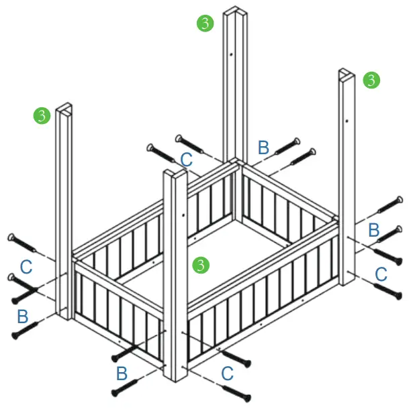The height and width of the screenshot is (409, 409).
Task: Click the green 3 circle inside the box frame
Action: click(199, 264)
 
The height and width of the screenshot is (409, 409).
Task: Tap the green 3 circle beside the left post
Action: click(42, 115)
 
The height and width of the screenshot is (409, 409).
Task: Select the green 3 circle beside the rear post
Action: click(205, 23)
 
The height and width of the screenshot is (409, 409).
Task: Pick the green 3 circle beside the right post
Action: click(371, 80)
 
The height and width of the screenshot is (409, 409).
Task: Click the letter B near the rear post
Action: click(264, 147)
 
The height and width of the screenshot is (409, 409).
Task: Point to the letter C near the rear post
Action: click(187, 160)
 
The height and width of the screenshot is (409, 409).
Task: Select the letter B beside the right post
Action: click(375, 230)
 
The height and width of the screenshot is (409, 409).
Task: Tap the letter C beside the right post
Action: click(381, 273)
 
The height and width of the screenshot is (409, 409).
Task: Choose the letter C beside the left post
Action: click(26, 266)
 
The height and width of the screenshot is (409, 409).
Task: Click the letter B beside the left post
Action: click(23, 314)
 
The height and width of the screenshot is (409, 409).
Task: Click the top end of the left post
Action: click(64, 108)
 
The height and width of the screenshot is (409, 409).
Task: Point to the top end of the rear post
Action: click(236, 11)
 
